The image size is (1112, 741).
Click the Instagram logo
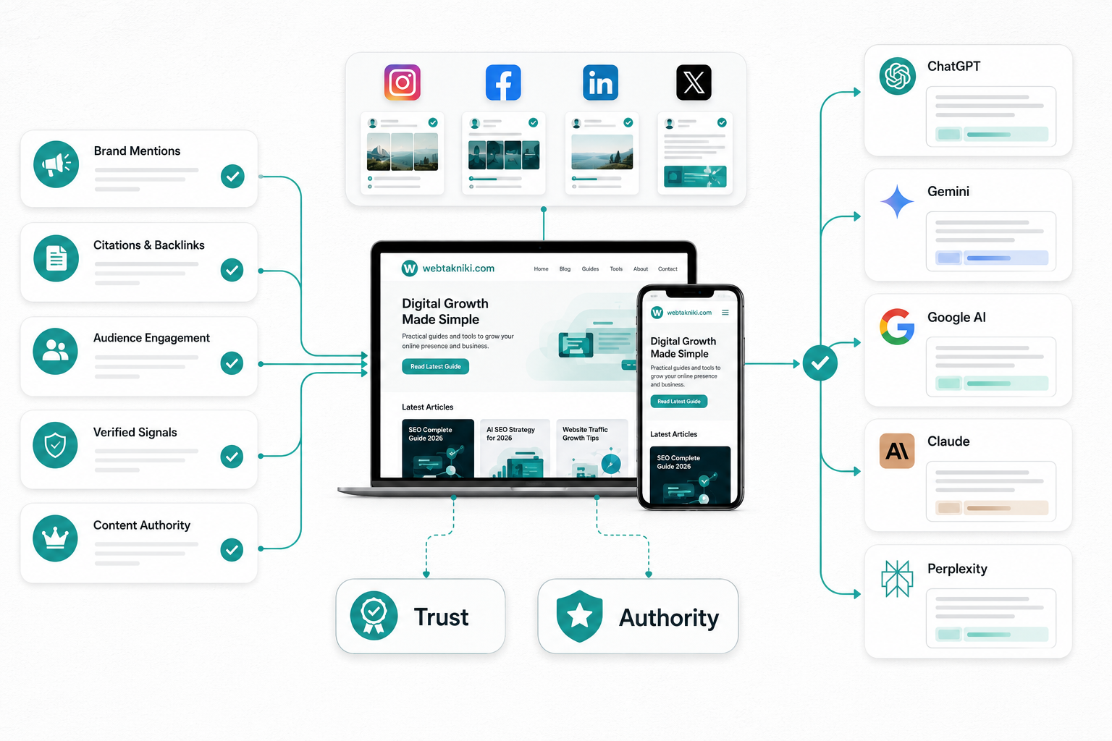pyautogui.click(x=402, y=82)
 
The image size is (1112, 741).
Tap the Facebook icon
pyautogui.click(x=503, y=82)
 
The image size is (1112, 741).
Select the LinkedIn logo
pyautogui.click(x=600, y=82)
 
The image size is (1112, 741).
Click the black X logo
pyautogui.click(x=694, y=82)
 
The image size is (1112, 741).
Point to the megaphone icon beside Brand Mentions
pyautogui.click(x=56, y=164)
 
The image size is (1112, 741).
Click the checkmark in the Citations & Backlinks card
pyautogui.click(x=232, y=270)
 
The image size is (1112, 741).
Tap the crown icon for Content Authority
pyautogui.click(x=55, y=538)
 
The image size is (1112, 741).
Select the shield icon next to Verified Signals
pyautogui.click(x=55, y=445)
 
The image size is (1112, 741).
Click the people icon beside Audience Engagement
pyautogui.click(x=55, y=352)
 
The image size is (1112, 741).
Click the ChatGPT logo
pyautogui.click(x=897, y=77)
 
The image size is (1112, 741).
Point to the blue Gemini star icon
pyautogui.click(x=897, y=201)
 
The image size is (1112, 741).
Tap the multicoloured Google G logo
pyautogui.click(x=897, y=326)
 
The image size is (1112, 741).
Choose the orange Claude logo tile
pyautogui.click(x=897, y=451)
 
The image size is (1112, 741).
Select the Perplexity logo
pyautogui.click(x=897, y=579)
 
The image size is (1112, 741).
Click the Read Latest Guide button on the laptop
pyautogui.click(x=435, y=366)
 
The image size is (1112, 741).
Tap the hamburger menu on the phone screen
pyautogui.click(x=725, y=312)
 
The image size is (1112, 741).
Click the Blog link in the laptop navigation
pyautogui.click(x=565, y=269)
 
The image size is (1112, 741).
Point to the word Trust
pyautogui.click(x=442, y=617)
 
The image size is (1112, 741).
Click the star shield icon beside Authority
pyautogui.click(x=579, y=617)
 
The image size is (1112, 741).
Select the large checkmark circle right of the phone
pyautogui.click(x=820, y=363)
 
